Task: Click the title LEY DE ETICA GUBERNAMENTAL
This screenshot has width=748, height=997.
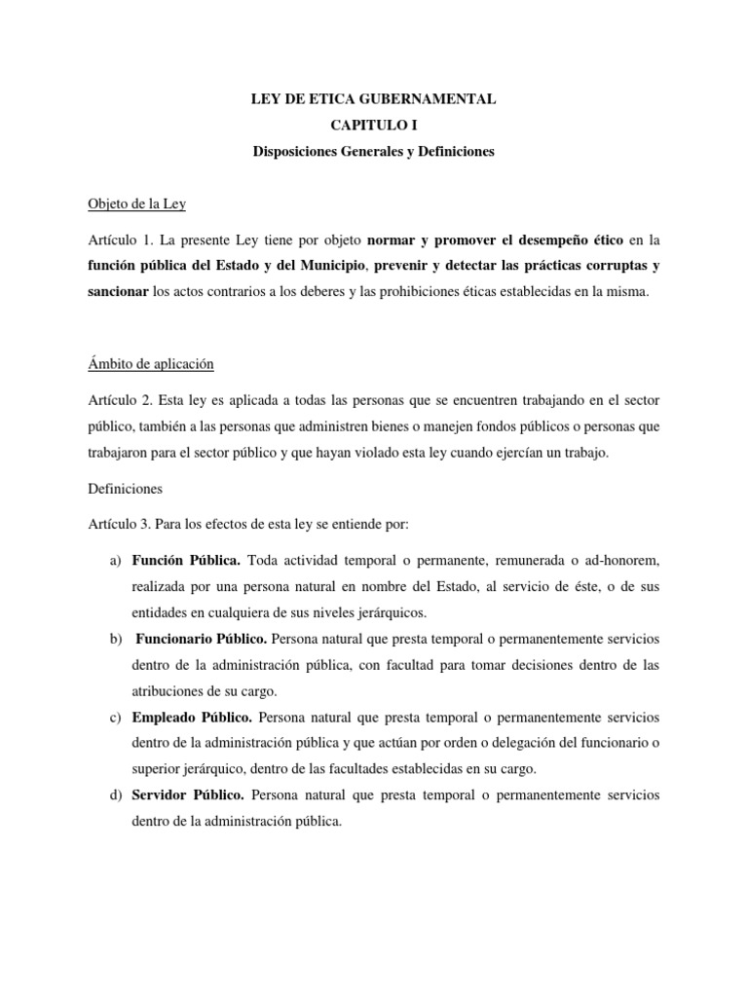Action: click(x=374, y=99)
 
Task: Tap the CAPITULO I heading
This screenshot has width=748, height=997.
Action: click(x=374, y=126)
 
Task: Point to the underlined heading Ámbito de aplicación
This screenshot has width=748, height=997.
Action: click(x=150, y=364)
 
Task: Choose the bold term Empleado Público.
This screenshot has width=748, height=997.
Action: click(x=192, y=718)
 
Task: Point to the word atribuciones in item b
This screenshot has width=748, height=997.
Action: click(x=172, y=690)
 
